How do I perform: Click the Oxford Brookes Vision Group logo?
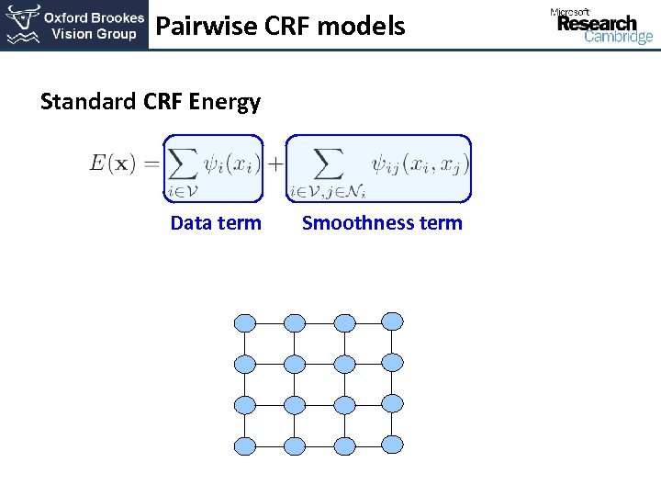coord(74,26)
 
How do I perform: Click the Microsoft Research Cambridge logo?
coord(601,25)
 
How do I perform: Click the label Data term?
coord(216,223)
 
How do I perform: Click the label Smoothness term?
coord(382,223)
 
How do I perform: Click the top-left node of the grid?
coord(245,322)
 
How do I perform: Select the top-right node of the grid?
coord(392,321)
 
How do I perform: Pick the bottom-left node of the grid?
coord(245,446)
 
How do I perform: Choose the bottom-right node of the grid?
coord(392,445)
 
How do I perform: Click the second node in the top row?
coord(295,322)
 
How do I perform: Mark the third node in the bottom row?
coord(344,446)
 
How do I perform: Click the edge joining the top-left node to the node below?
coord(245,343)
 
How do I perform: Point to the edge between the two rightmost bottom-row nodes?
coord(368,446)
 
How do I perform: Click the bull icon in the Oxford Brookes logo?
coord(22,25)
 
